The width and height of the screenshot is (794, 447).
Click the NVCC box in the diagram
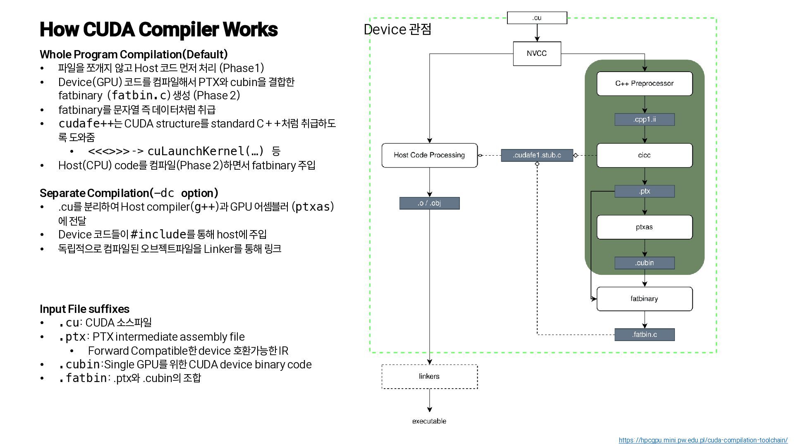[x=537, y=53]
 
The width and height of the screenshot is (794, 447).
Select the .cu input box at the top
[x=537, y=18]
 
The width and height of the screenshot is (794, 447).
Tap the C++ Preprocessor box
[x=644, y=84]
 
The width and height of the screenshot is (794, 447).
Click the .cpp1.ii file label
[x=644, y=120]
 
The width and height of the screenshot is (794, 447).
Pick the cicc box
[x=644, y=155]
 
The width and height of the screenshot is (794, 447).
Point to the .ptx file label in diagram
[x=644, y=191]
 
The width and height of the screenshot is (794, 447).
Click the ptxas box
[x=644, y=227]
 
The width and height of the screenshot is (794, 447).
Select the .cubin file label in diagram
[x=644, y=263]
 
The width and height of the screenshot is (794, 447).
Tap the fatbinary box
[x=644, y=299]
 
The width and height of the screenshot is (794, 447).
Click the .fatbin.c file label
[x=644, y=334]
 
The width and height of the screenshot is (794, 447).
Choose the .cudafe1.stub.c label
[x=537, y=155]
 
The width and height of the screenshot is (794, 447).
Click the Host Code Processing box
[x=429, y=155]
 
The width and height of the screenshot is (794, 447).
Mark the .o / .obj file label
[x=429, y=203]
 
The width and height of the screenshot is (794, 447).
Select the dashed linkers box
[x=429, y=377]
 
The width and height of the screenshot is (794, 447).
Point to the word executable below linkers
[x=429, y=421]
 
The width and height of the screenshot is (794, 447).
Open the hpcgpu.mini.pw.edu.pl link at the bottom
[x=703, y=440]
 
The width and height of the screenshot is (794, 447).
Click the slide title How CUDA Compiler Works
[x=158, y=29]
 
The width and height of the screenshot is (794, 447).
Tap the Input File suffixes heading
[x=84, y=309]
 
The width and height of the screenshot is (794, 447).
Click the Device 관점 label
[x=397, y=29]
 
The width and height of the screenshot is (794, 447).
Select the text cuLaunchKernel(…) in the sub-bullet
[x=206, y=151]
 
